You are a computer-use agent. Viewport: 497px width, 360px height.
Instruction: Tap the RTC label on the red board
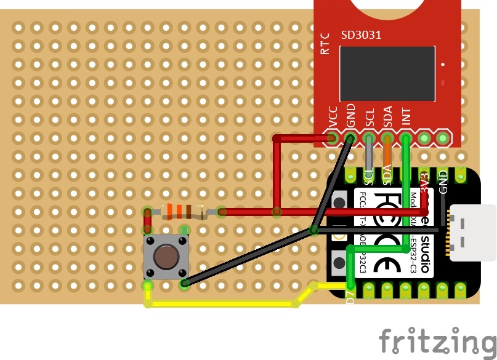point(326,45)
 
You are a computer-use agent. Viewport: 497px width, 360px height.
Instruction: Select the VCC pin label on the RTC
point(333,118)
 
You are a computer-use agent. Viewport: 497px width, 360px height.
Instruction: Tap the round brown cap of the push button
point(165,255)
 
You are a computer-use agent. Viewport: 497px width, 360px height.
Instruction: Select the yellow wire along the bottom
point(222,303)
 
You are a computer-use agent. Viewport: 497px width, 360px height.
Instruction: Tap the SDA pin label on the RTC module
point(388,118)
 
